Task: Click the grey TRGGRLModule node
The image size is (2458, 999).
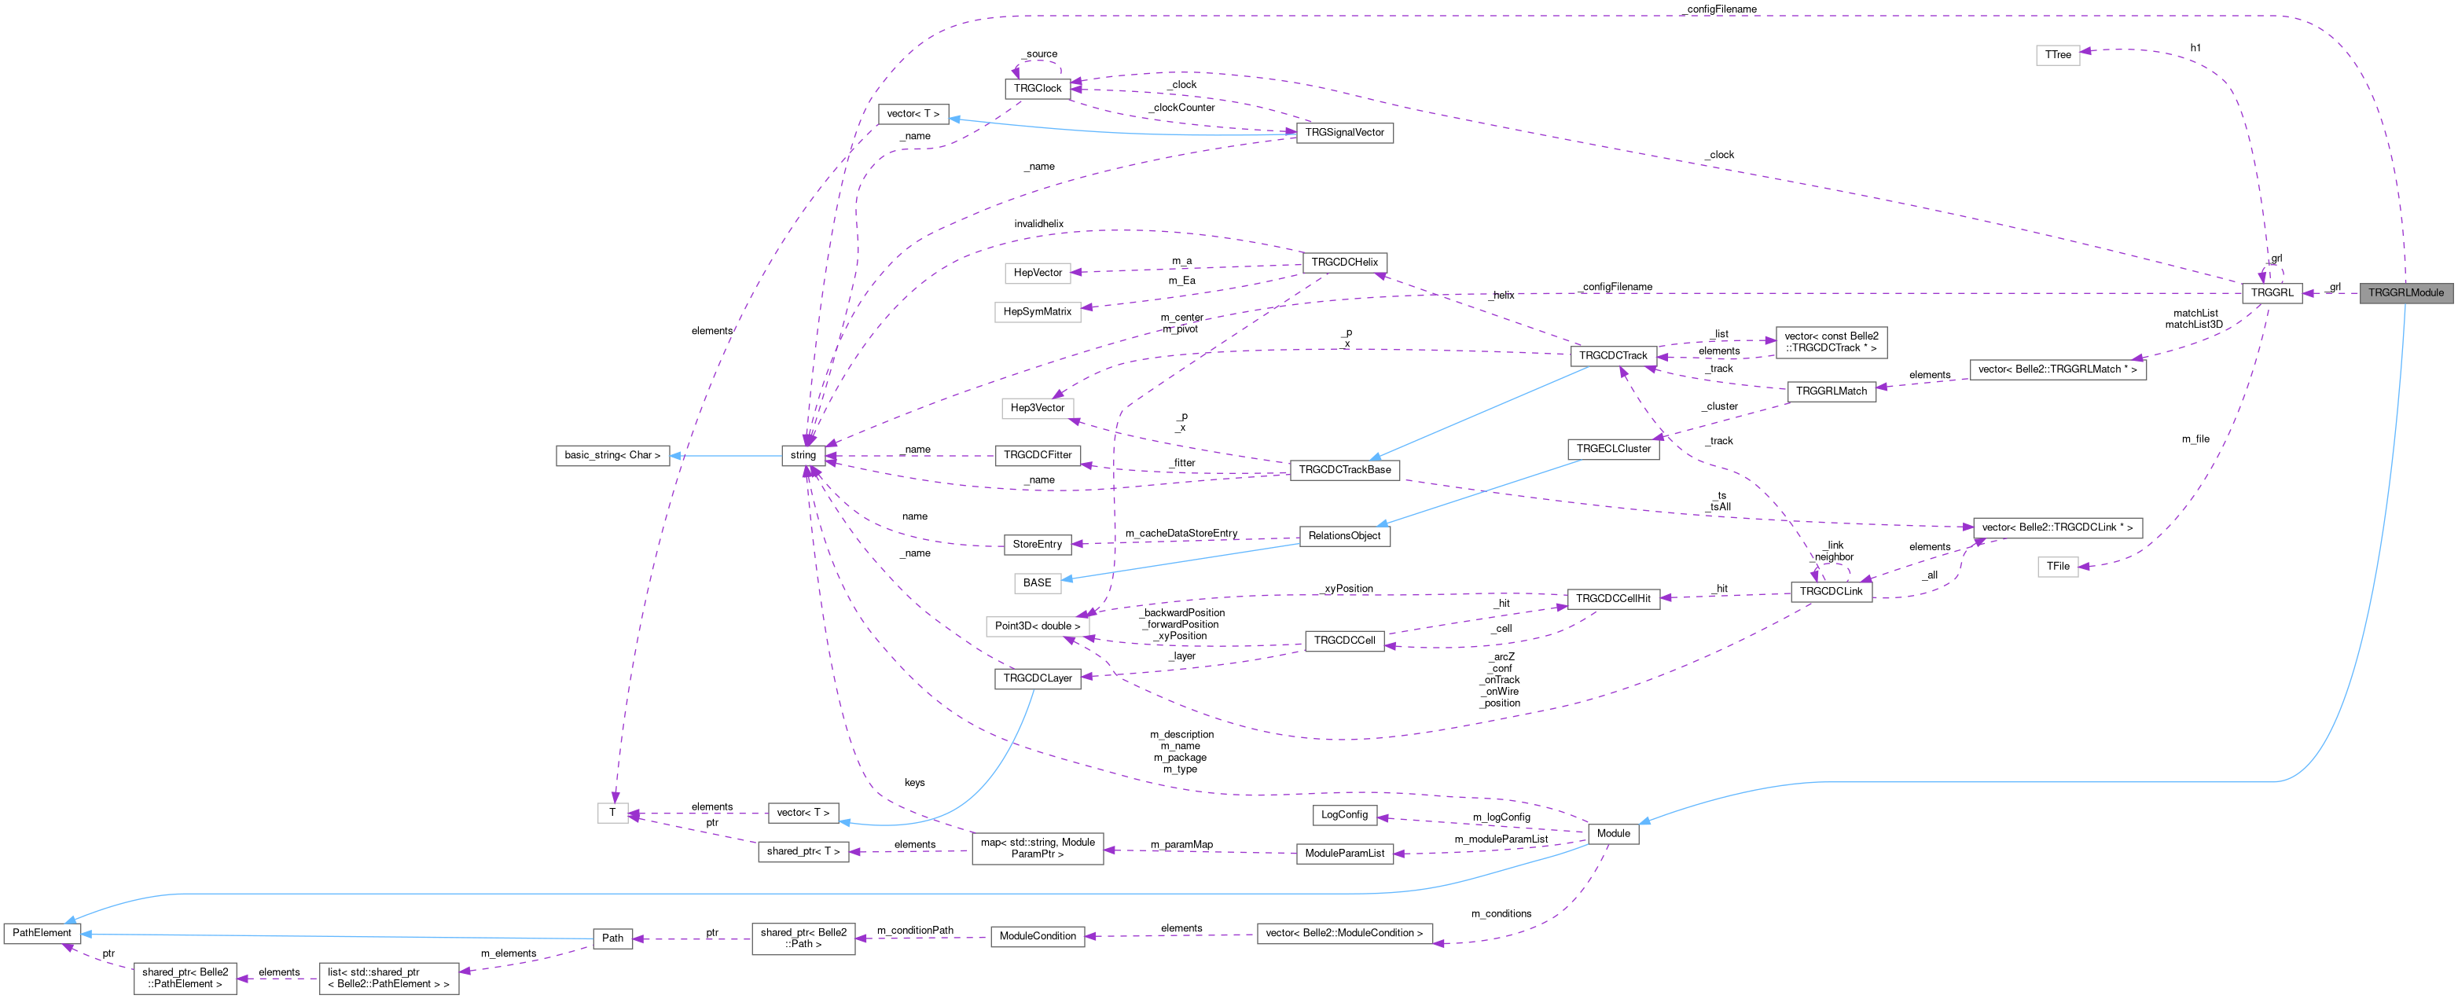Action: [2405, 293]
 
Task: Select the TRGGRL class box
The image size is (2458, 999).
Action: [2271, 293]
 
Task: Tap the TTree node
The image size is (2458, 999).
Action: [2057, 55]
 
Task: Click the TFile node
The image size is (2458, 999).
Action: [2057, 567]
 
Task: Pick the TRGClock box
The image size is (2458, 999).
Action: [1038, 89]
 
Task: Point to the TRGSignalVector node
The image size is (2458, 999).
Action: [1343, 133]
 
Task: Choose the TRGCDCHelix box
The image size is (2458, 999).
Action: [1343, 263]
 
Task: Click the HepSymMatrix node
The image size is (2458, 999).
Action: [1038, 312]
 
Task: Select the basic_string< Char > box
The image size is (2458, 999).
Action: [612, 455]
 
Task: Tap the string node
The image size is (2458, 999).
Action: [803, 455]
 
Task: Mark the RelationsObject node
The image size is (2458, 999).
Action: [1343, 536]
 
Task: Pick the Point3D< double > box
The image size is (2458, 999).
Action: [1038, 626]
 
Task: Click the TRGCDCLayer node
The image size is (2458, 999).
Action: [1038, 678]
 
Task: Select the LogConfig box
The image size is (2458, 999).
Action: [1343, 815]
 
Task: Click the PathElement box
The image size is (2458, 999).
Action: [41, 933]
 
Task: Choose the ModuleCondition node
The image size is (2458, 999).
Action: [1038, 936]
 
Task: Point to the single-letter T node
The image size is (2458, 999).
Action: [612, 813]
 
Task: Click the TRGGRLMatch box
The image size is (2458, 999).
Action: [1830, 391]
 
